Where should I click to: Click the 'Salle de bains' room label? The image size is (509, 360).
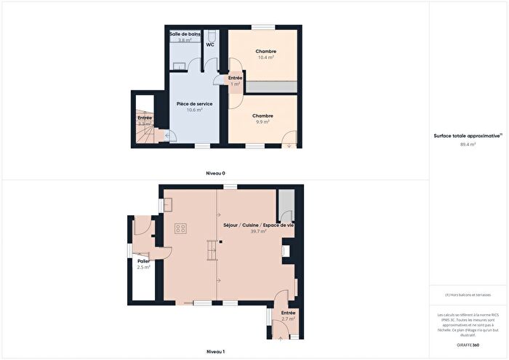click(185, 34)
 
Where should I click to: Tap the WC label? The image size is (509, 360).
click(209, 45)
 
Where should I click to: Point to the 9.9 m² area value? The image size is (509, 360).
click(262, 122)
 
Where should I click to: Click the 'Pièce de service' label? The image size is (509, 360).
click(194, 104)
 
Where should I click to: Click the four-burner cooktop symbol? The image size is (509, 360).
click(180, 228)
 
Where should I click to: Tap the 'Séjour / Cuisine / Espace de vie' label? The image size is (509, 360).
click(258, 225)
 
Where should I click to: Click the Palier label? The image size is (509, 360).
click(143, 261)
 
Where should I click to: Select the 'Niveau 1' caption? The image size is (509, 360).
click(215, 352)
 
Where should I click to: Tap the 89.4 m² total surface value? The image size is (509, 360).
click(468, 144)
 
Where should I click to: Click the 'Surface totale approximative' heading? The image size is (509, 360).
click(468, 136)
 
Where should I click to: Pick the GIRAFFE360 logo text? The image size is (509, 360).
click(468, 343)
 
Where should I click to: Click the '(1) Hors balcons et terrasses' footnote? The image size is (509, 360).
click(468, 295)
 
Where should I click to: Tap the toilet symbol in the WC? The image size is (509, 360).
click(211, 35)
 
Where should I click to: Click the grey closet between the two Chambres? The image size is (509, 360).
click(270, 87)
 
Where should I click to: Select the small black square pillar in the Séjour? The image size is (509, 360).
click(220, 241)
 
